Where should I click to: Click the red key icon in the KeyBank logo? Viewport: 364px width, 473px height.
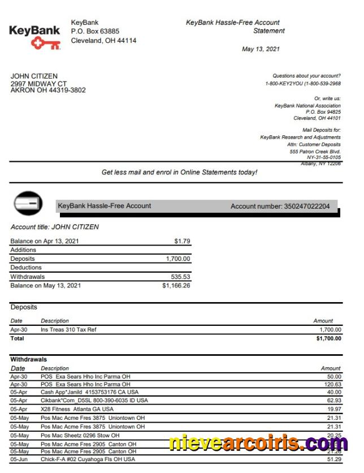pos(46,44)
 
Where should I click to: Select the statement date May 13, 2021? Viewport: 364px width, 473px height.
pos(261,49)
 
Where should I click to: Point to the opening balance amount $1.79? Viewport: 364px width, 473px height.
pos(183,241)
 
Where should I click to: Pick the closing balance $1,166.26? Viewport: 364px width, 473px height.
pos(176,286)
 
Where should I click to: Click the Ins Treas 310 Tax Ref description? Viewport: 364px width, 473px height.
pos(72,329)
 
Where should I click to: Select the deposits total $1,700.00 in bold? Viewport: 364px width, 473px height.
pos(328,338)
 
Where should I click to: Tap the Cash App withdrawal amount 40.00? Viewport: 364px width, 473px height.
pos(333,392)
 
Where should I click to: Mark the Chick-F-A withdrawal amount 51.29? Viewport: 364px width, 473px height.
pos(333,459)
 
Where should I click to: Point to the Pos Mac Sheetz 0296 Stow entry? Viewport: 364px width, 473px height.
pos(80,436)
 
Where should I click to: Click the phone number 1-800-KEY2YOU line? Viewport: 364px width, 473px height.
pos(302,84)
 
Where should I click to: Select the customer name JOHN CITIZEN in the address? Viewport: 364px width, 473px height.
pos(34,76)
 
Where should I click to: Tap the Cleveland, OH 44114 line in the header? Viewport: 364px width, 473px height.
pos(103,41)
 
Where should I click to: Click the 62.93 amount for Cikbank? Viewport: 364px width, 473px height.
pos(333,401)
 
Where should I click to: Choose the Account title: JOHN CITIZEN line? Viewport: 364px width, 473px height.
pos(55,227)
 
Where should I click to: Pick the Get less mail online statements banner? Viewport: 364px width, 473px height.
pos(179,172)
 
